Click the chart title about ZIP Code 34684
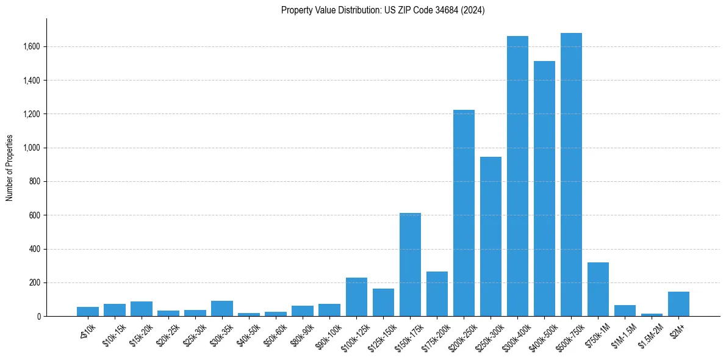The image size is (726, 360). (x=383, y=10)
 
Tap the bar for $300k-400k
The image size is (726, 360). (x=517, y=176)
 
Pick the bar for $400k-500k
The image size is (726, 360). (x=544, y=189)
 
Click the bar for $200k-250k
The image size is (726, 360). (x=464, y=213)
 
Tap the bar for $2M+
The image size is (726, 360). (x=678, y=304)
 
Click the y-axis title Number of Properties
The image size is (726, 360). (x=10, y=168)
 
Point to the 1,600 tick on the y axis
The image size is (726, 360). (x=32, y=46)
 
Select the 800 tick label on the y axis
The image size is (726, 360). (x=35, y=181)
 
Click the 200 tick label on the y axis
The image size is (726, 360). (x=35, y=283)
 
